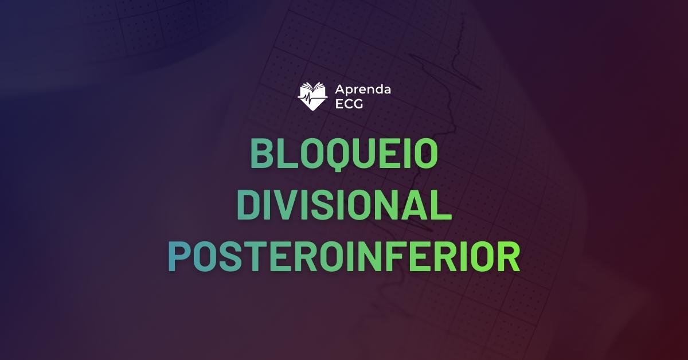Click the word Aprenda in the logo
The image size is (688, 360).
(362, 89)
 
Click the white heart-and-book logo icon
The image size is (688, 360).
(312, 96)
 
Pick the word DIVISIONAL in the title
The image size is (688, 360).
(344, 206)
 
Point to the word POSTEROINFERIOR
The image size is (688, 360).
(344, 257)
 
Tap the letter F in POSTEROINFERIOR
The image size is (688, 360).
(394, 257)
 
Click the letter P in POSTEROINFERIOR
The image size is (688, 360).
(179, 257)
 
